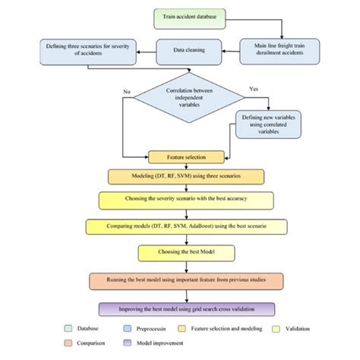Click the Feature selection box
tap(188, 157)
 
